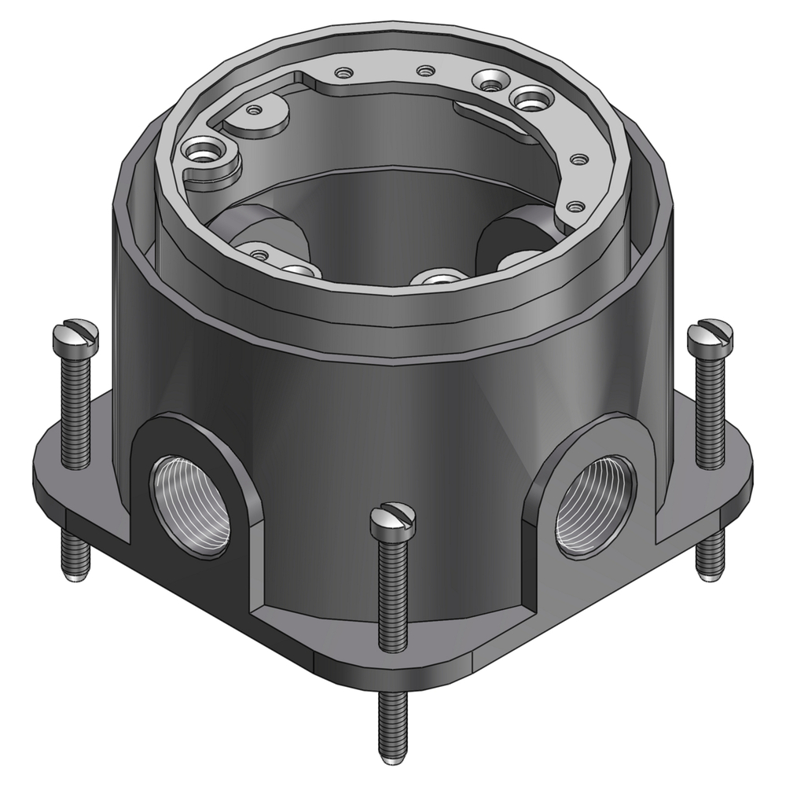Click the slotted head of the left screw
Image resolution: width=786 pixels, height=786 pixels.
coord(76,337)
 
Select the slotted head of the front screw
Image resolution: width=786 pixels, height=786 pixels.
coord(392,521)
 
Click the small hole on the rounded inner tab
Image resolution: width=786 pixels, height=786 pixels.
coord(253,111)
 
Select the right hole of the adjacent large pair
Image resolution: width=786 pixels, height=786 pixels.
coord(528,98)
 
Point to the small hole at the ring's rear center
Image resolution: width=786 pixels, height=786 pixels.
coord(425,72)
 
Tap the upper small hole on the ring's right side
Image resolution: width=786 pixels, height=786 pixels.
coord(579,160)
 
